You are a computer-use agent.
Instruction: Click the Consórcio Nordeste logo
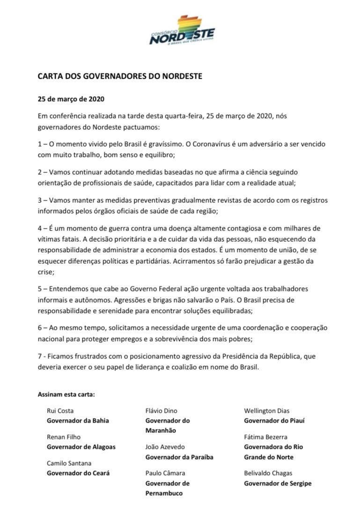182,30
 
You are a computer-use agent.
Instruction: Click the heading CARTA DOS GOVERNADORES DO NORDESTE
120,76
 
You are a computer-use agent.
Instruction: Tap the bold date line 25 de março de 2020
71,99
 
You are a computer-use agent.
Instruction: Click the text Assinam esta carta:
66,394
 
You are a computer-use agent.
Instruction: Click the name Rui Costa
60,411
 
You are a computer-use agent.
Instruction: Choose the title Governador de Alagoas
81,446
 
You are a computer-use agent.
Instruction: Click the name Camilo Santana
69,463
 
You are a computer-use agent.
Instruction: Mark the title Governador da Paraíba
179,457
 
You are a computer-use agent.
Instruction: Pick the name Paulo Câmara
165,473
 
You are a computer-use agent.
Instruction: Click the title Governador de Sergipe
278,483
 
